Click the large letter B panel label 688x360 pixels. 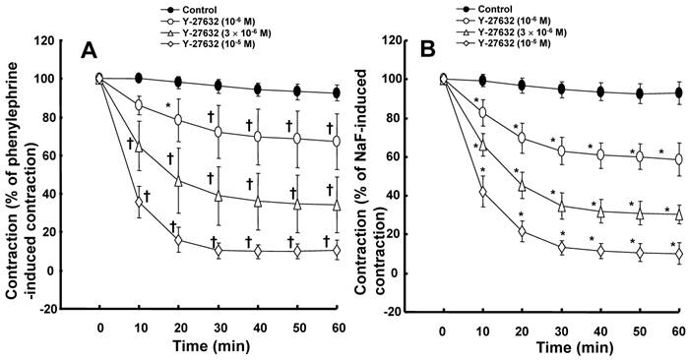(x=428, y=50)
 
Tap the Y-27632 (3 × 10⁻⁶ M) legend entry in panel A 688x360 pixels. (x=215, y=32)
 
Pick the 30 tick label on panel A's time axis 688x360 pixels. (x=219, y=328)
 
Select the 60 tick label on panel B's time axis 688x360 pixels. (x=679, y=330)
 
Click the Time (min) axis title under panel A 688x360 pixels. (x=211, y=346)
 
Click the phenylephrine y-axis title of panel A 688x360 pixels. (x=21, y=174)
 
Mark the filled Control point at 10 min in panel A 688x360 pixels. (x=139, y=79)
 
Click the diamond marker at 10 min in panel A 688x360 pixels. (x=139, y=202)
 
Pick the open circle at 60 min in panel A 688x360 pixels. (x=337, y=142)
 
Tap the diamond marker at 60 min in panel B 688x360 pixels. (x=679, y=254)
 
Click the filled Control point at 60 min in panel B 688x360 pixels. (x=679, y=93)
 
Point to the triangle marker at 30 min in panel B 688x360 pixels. (x=562, y=207)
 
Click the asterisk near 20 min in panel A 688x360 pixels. (x=167, y=106)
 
